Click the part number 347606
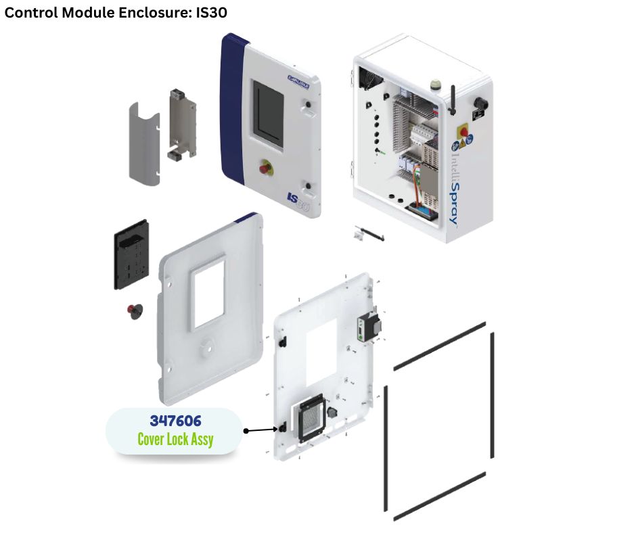coord(175,420)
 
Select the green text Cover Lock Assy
coord(175,440)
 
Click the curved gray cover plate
coord(144,142)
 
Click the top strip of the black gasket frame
coord(440,346)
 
